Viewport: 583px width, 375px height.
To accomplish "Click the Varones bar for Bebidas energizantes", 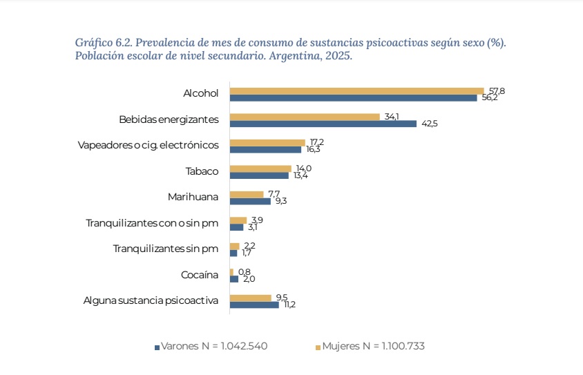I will pyautogui.click(x=323, y=124).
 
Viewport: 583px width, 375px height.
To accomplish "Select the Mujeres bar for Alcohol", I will pyautogui.click(x=356, y=90).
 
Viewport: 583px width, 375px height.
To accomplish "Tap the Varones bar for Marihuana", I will pyautogui.click(x=250, y=201).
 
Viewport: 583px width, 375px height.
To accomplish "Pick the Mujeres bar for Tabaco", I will pyautogui.click(x=260, y=169).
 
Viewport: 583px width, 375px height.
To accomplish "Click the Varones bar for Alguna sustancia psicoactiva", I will pyautogui.click(x=254, y=305).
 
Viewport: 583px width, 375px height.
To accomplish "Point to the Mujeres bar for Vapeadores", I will pyautogui.click(x=267, y=142).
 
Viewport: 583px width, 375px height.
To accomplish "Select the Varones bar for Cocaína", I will pyautogui.click(x=234, y=279).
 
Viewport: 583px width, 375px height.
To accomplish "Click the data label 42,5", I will pyautogui.click(x=429, y=124).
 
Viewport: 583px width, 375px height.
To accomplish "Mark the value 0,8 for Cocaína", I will pyautogui.click(x=245, y=271).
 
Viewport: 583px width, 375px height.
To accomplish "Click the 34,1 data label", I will pyautogui.click(x=392, y=116).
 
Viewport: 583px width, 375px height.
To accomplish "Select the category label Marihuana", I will pyautogui.click(x=193, y=197).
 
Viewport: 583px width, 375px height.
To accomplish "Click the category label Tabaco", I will pyautogui.click(x=202, y=171).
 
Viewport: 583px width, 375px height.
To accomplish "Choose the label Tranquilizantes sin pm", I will pyautogui.click(x=166, y=249).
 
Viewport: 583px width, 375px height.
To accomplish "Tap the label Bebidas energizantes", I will pyautogui.click(x=169, y=119).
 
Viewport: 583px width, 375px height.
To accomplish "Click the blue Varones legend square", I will pyautogui.click(x=157, y=347).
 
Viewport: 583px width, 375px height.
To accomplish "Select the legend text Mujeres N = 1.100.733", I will pyautogui.click(x=373, y=346).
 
